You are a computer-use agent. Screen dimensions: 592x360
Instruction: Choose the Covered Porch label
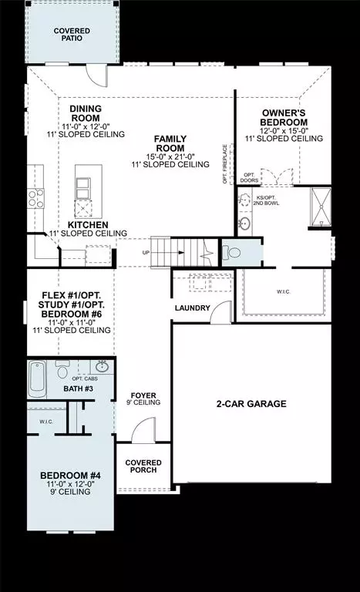click(x=143, y=467)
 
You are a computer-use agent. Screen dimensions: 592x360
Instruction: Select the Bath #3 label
click(x=78, y=388)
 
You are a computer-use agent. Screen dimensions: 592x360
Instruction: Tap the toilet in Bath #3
click(x=63, y=370)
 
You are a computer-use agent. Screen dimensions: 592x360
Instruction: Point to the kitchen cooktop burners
click(x=35, y=198)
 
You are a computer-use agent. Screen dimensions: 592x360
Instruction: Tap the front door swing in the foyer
click(x=143, y=432)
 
